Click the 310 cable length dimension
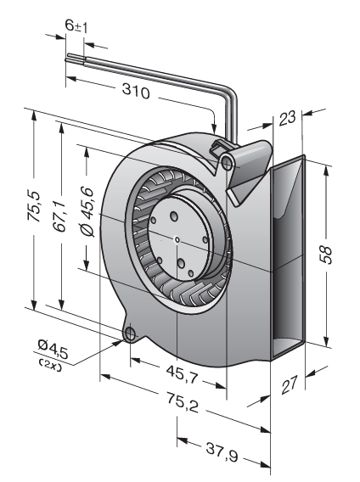coord(136,92)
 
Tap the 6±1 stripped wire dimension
coord(76,25)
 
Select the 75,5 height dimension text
coord(34,206)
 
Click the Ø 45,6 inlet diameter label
coord(87,211)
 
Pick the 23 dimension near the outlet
coord(287,118)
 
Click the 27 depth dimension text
coord(290,384)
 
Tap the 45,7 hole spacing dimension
coord(183,374)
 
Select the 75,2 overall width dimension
coord(183,403)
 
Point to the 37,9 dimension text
coord(222,452)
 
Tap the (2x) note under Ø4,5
coord(50,364)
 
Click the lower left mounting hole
coord(131,333)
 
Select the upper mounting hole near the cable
coord(228,163)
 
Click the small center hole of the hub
coord(177,239)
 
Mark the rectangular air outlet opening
coord(287,258)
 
